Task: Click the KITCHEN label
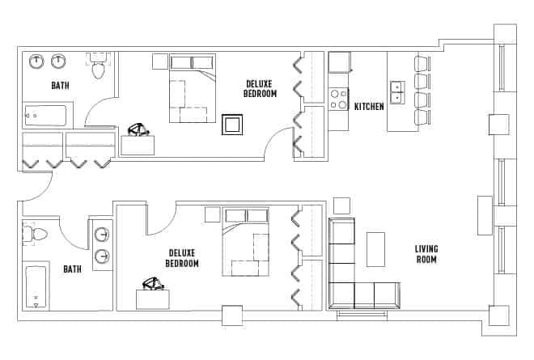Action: [369, 106]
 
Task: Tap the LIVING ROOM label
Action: [426, 254]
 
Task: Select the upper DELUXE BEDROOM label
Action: [260, 89]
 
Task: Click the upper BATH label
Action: [60, 85]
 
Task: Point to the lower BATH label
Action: [72, 269]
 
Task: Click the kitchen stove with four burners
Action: [338, 99]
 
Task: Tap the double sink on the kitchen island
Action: [397, 92]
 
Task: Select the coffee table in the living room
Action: [376, 249]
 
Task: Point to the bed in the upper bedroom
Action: [193, 89]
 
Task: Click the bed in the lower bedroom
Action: [246, 242]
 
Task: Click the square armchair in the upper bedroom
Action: [233, 125]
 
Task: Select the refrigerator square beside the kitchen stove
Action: [339, 62]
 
